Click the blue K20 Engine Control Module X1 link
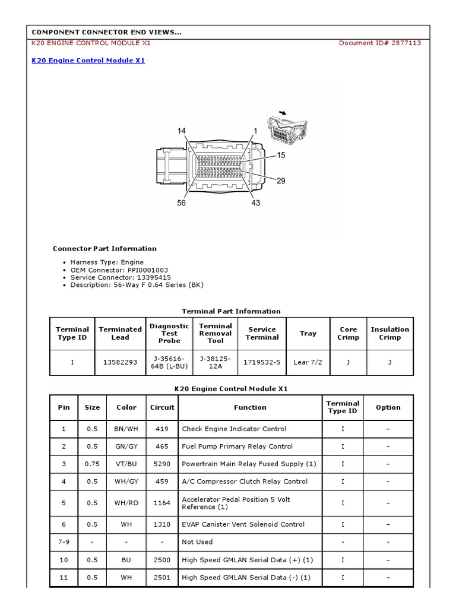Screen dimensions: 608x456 (x=88, y=61)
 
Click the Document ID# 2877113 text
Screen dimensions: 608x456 (x=380, y=43)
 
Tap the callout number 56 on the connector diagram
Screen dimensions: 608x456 (x=181, y=203)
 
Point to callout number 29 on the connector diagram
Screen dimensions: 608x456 (x=281, y=180)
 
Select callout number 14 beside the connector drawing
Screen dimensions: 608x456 (x=181, y=131)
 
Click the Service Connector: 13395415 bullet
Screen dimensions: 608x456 (x=121, y=277)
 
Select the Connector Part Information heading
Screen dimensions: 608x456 (x=104, y=249)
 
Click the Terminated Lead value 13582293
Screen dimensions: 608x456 (x=120, y=362)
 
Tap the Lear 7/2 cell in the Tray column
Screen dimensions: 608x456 (x=308, y=362)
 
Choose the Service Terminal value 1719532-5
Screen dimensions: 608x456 (x=262, y=362)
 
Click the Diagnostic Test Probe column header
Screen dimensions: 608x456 (x=169, y=333)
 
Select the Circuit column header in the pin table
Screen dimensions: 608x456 (x=162, y=407)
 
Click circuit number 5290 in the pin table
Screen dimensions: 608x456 (x=162, y=464)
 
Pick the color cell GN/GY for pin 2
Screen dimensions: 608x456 (x=126, y=446)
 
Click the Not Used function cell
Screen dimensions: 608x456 (x=197, y=542)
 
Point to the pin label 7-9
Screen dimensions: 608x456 (x=64, y=542)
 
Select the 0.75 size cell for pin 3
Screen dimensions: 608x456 (x=92, y=464)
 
